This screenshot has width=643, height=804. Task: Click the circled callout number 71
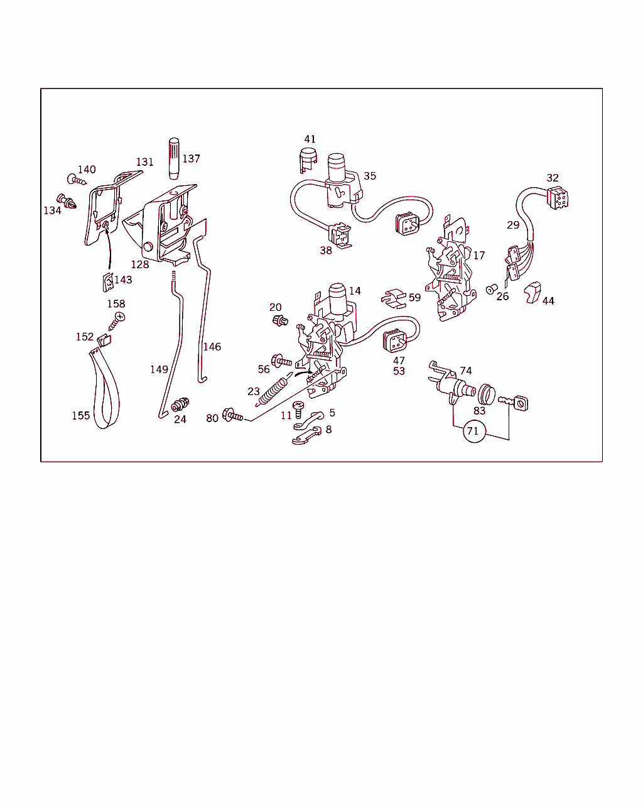pos(473,431)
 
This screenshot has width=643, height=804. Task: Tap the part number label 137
pos(191,159)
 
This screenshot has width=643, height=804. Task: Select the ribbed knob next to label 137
pos(174,159)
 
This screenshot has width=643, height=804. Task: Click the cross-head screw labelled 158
pos(117,322)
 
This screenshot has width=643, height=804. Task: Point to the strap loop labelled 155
pos(105,389)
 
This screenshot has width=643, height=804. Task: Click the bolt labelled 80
pos(232,415)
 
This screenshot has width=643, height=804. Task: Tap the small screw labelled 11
pos(298,410)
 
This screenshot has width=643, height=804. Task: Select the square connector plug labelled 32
pos(558,198)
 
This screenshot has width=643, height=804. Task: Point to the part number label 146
pos(212,347)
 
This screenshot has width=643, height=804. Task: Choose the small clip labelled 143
pos(108,283)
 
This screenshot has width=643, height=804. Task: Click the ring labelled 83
pos(487,394)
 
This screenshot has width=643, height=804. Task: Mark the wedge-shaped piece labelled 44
pos(532,292)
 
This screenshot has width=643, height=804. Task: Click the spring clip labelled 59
pos(394,298)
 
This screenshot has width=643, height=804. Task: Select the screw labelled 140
pos(77,180)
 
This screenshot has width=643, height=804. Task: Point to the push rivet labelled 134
pos(67,201)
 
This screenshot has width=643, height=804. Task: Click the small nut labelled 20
pos(280,320)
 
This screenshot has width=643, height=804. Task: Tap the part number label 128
pos(140,264)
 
